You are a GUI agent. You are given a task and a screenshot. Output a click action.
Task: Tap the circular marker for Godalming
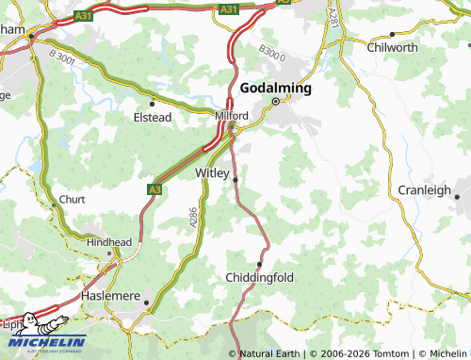coord(276,101)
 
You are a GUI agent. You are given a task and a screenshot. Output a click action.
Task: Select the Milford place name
coord(231,115)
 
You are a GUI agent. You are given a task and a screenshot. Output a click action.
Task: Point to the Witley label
coord(211,173)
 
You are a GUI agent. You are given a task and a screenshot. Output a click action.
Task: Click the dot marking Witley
coord(235,179)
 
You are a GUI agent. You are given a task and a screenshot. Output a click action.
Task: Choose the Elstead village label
coord(152,118)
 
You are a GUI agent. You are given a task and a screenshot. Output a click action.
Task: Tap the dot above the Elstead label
coord(152,104)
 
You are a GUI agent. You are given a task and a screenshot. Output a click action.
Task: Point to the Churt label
coord(72,200)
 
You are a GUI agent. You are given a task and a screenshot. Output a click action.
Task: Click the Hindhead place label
coord(109,242)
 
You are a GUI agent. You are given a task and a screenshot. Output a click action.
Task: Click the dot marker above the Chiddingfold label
coord(260,263)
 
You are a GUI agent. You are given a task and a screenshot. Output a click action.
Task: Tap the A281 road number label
coord(332,18)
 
